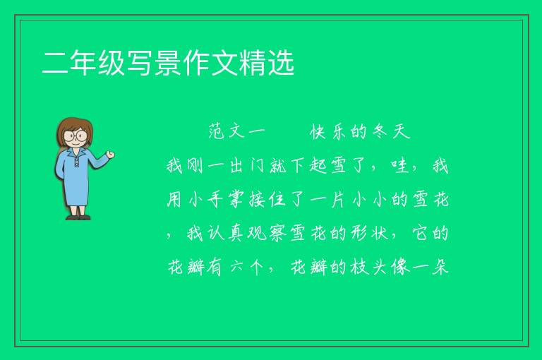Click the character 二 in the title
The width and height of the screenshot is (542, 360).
[54, 63]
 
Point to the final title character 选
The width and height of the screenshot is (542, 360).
[281, 63]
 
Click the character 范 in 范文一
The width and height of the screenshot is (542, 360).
[217, 131]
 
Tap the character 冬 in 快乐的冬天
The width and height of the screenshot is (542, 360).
[380, 131]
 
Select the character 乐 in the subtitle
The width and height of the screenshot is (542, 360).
[339, 131]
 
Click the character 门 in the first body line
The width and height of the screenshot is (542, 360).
[257, 165]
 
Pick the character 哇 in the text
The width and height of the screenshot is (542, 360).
[400, 165]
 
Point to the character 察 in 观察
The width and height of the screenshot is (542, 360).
[277, 233]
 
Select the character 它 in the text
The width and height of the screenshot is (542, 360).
[421, 233]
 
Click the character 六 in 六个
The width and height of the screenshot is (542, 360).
[237, 267]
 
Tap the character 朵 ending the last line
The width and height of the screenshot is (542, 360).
[440, 267]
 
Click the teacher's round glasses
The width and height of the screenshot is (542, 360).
[75, 135]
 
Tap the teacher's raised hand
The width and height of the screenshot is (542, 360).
[110, 155]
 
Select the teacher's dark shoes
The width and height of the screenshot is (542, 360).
[78, 217]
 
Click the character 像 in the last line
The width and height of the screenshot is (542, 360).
[400, 267]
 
